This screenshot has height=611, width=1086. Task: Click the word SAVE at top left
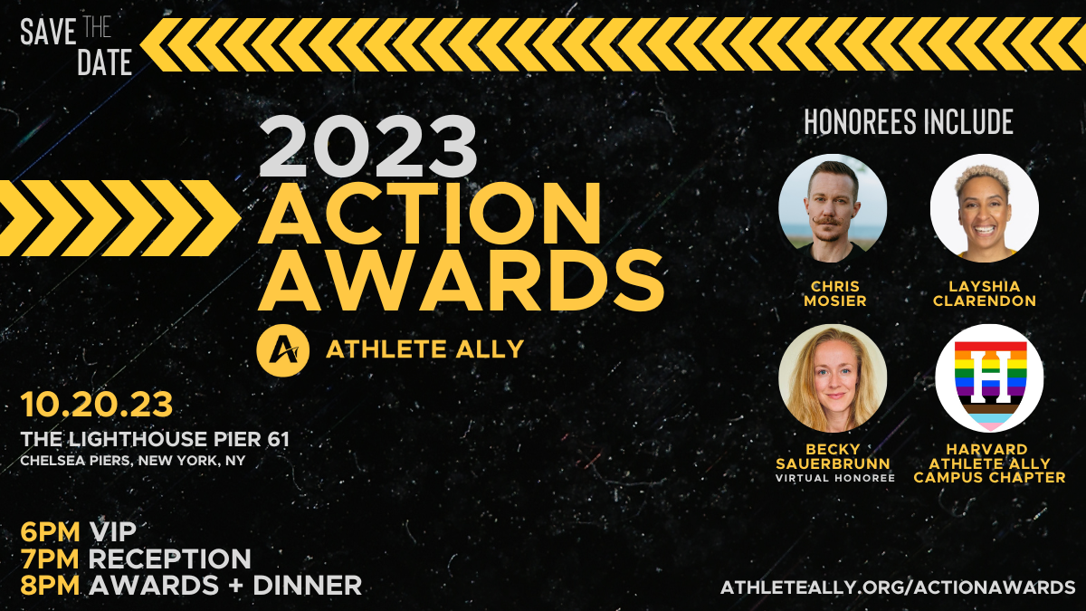[48, 32]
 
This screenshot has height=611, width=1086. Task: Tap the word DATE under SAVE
[105, 62]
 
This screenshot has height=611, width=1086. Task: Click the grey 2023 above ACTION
[368, 147]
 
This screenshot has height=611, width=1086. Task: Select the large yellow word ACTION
[430, 214]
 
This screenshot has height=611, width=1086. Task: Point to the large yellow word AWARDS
[461, 281]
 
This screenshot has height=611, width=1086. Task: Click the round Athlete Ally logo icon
[282, 350]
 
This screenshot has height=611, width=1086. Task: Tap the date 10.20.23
[97, 405]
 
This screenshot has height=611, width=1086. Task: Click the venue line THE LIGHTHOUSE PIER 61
[155, 439]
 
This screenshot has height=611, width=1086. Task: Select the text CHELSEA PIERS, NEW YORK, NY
[133, 460]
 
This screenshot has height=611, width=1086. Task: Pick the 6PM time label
[50, 531]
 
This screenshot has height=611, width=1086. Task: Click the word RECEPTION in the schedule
[170, 558]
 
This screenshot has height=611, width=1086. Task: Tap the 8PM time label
[50, 586]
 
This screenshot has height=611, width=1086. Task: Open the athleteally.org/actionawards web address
[898, 587]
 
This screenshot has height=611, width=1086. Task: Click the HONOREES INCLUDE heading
[909, 121]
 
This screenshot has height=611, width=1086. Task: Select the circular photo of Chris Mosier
[833, 208]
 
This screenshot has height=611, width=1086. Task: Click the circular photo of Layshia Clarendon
[985, 208]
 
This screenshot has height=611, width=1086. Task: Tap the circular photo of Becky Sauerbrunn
[833, 378]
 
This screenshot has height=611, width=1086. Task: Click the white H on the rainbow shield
[990, 377]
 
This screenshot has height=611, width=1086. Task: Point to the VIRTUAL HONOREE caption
[834, 478]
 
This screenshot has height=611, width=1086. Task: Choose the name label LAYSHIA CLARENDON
[985, 293]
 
